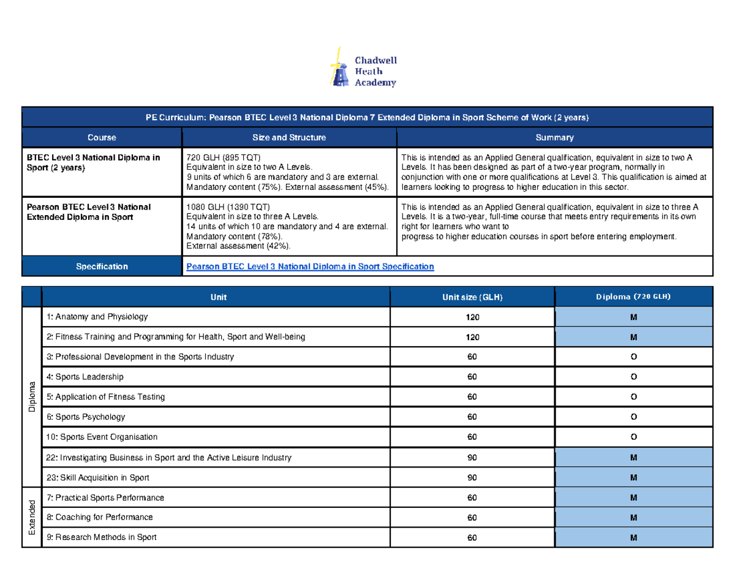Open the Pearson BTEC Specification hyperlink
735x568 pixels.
coord(310,267)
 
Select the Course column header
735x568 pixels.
coord(102,138)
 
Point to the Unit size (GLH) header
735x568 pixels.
coord(472,297)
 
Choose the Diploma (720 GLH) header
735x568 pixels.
coord(633,297)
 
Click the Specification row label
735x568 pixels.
coord(102,267)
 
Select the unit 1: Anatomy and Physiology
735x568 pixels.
coord(97,317)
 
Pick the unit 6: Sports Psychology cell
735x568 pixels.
coord(86,417)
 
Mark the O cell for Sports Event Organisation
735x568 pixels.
coord(633,437)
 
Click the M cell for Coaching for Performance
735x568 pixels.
coord(633,517)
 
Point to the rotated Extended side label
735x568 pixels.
coord(32,517)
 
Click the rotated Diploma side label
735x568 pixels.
coord(32,397)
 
